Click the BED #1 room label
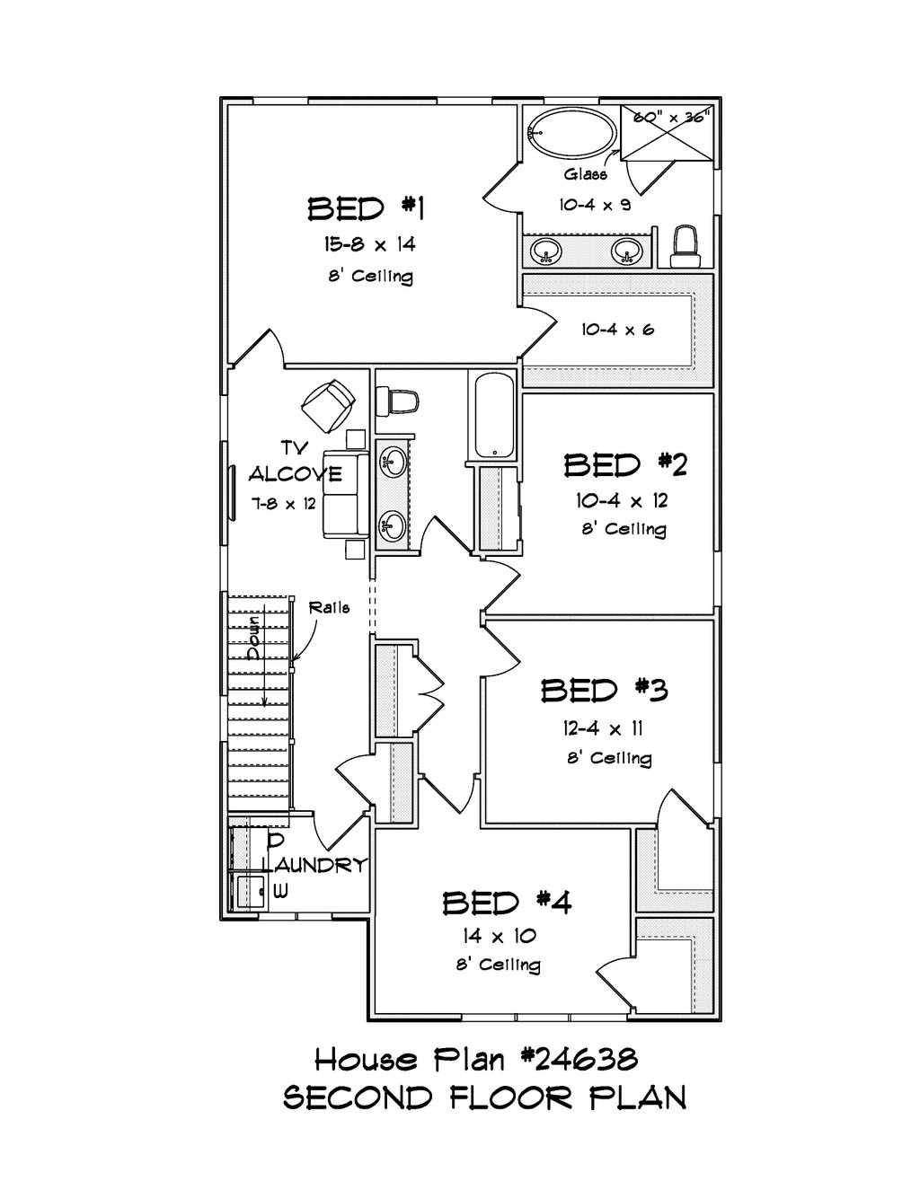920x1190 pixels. click(366, 209)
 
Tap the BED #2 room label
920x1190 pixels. click(625, 465)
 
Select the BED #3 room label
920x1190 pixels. click(604, 691)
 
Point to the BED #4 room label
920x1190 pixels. click(507, 902)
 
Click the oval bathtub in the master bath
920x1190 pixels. click(571, 134)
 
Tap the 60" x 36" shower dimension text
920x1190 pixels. click(672, 116)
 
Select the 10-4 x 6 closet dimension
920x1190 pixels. click(617, 330)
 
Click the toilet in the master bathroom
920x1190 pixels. click(687, 245)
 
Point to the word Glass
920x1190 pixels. click(586, 174)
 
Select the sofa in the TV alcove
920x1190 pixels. click(345, 493)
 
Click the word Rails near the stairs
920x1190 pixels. click(329, 607)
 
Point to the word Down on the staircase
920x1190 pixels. click(255, 637)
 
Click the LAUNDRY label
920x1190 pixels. click(314, 865)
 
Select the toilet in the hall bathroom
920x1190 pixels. click(397, 400)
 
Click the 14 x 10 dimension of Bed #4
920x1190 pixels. click(500, 936)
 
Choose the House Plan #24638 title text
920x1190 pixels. click(476, 1060)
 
